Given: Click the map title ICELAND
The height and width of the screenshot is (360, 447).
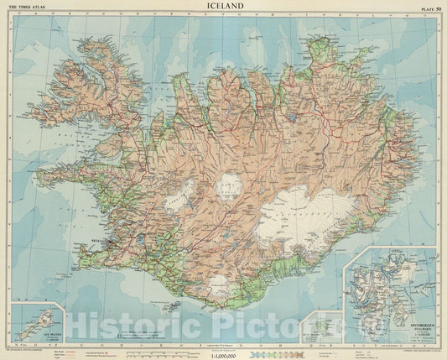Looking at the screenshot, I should pyautogui.click(x=224, y=8).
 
